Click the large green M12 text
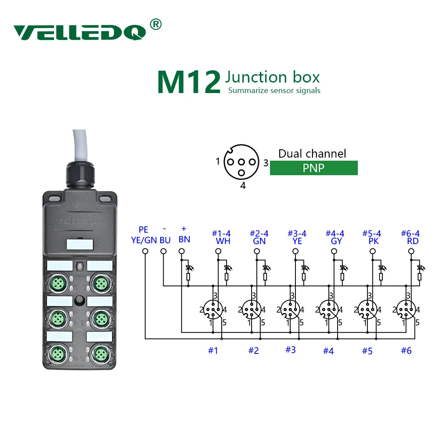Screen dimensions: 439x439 [x=189, y=82]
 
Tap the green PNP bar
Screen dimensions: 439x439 [x=313, y=168]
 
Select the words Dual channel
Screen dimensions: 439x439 [x=312, y=154]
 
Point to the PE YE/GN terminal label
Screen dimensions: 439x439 [x=144, y=235]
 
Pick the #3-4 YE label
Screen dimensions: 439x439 [x=297, y=237]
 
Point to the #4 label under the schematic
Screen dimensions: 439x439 [x=328, y=351]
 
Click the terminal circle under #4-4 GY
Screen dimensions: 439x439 [x=334, y=252]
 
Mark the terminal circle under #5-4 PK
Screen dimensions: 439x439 [x=373, y=252]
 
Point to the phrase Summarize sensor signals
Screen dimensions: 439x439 [x=274, y=91]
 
